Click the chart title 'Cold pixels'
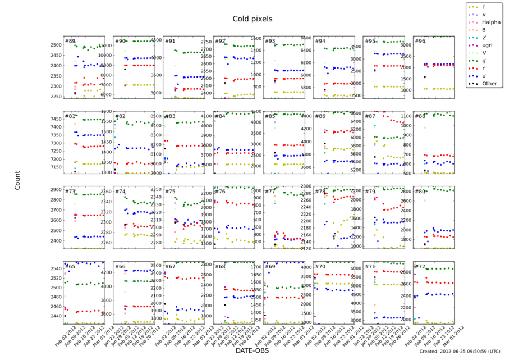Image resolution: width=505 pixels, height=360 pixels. tap(252, 19)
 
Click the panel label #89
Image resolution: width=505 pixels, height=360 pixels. tap(70, 41)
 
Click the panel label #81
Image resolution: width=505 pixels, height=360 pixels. tap(70, 116)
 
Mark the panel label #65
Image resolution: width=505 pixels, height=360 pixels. tap(70, 266)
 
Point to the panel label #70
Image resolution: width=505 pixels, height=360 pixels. tap(320, 266)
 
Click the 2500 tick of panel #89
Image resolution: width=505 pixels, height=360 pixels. tap(55, 45)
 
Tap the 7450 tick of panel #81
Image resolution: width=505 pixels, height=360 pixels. tap(55, 119)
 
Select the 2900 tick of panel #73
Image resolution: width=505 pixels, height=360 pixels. tap(55, 190)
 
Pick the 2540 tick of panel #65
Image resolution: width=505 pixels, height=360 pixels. tap(55, 268)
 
